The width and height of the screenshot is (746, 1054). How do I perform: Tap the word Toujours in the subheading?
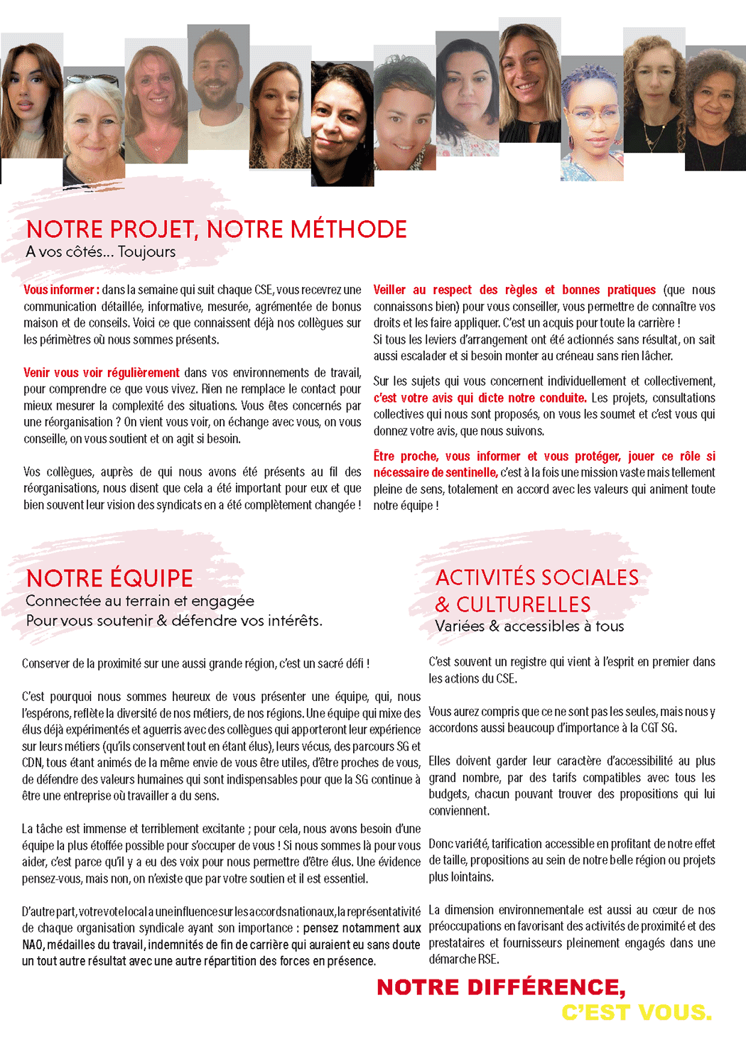147,252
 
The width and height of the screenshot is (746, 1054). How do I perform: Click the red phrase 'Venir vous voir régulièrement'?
102,373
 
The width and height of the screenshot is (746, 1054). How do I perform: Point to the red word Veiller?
389,290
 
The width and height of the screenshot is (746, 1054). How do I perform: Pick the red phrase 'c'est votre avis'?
409,398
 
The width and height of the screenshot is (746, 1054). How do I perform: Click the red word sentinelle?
472,472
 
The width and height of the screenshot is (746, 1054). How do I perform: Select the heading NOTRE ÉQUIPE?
109,578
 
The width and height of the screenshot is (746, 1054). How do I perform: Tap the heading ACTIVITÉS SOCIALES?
537,577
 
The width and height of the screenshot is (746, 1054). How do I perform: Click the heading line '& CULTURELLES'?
513,604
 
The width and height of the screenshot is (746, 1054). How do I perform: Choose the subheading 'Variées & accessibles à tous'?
529,626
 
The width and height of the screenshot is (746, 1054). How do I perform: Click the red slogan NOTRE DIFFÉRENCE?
501,987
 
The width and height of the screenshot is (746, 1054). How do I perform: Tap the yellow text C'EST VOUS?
637,1013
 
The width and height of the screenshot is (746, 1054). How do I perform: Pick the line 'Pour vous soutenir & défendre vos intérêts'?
174,621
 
